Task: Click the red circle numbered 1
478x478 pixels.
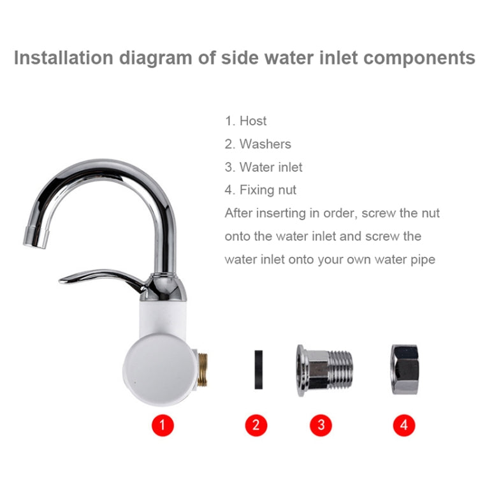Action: coord(163,425)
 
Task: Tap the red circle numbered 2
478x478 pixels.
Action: coord(256,425)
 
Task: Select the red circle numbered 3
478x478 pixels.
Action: coord(321,425)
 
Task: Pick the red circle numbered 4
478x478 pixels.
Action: coord(404,425)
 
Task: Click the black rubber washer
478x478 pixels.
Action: coord(259,370)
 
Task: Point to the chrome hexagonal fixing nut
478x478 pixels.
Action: coord(405,370)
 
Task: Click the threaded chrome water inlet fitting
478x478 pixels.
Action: coord(324,370)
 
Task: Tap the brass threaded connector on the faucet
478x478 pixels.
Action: coord(202,370)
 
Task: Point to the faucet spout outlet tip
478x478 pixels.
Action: coord(36,238)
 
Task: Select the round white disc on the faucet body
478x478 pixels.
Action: coord(159,370)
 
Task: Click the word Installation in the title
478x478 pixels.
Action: coord(64,58)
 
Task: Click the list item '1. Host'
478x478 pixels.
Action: coord(246,121)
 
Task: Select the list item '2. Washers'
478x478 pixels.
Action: coord(258,144)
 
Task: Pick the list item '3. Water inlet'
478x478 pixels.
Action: coord(264,167)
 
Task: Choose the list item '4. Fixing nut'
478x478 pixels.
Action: coord(260,190)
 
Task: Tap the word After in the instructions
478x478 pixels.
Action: coord(238,213)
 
